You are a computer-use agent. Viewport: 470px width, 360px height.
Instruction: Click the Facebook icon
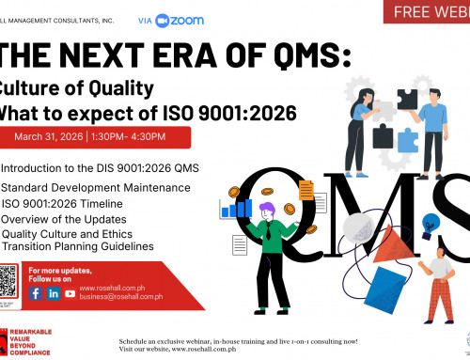pos(36,267)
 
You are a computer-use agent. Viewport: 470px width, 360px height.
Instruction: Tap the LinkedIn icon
pos(54,267)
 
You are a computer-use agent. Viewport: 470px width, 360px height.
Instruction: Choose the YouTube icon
pos(70,267)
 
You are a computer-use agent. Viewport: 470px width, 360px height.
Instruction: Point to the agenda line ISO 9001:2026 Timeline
pos(62,204)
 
